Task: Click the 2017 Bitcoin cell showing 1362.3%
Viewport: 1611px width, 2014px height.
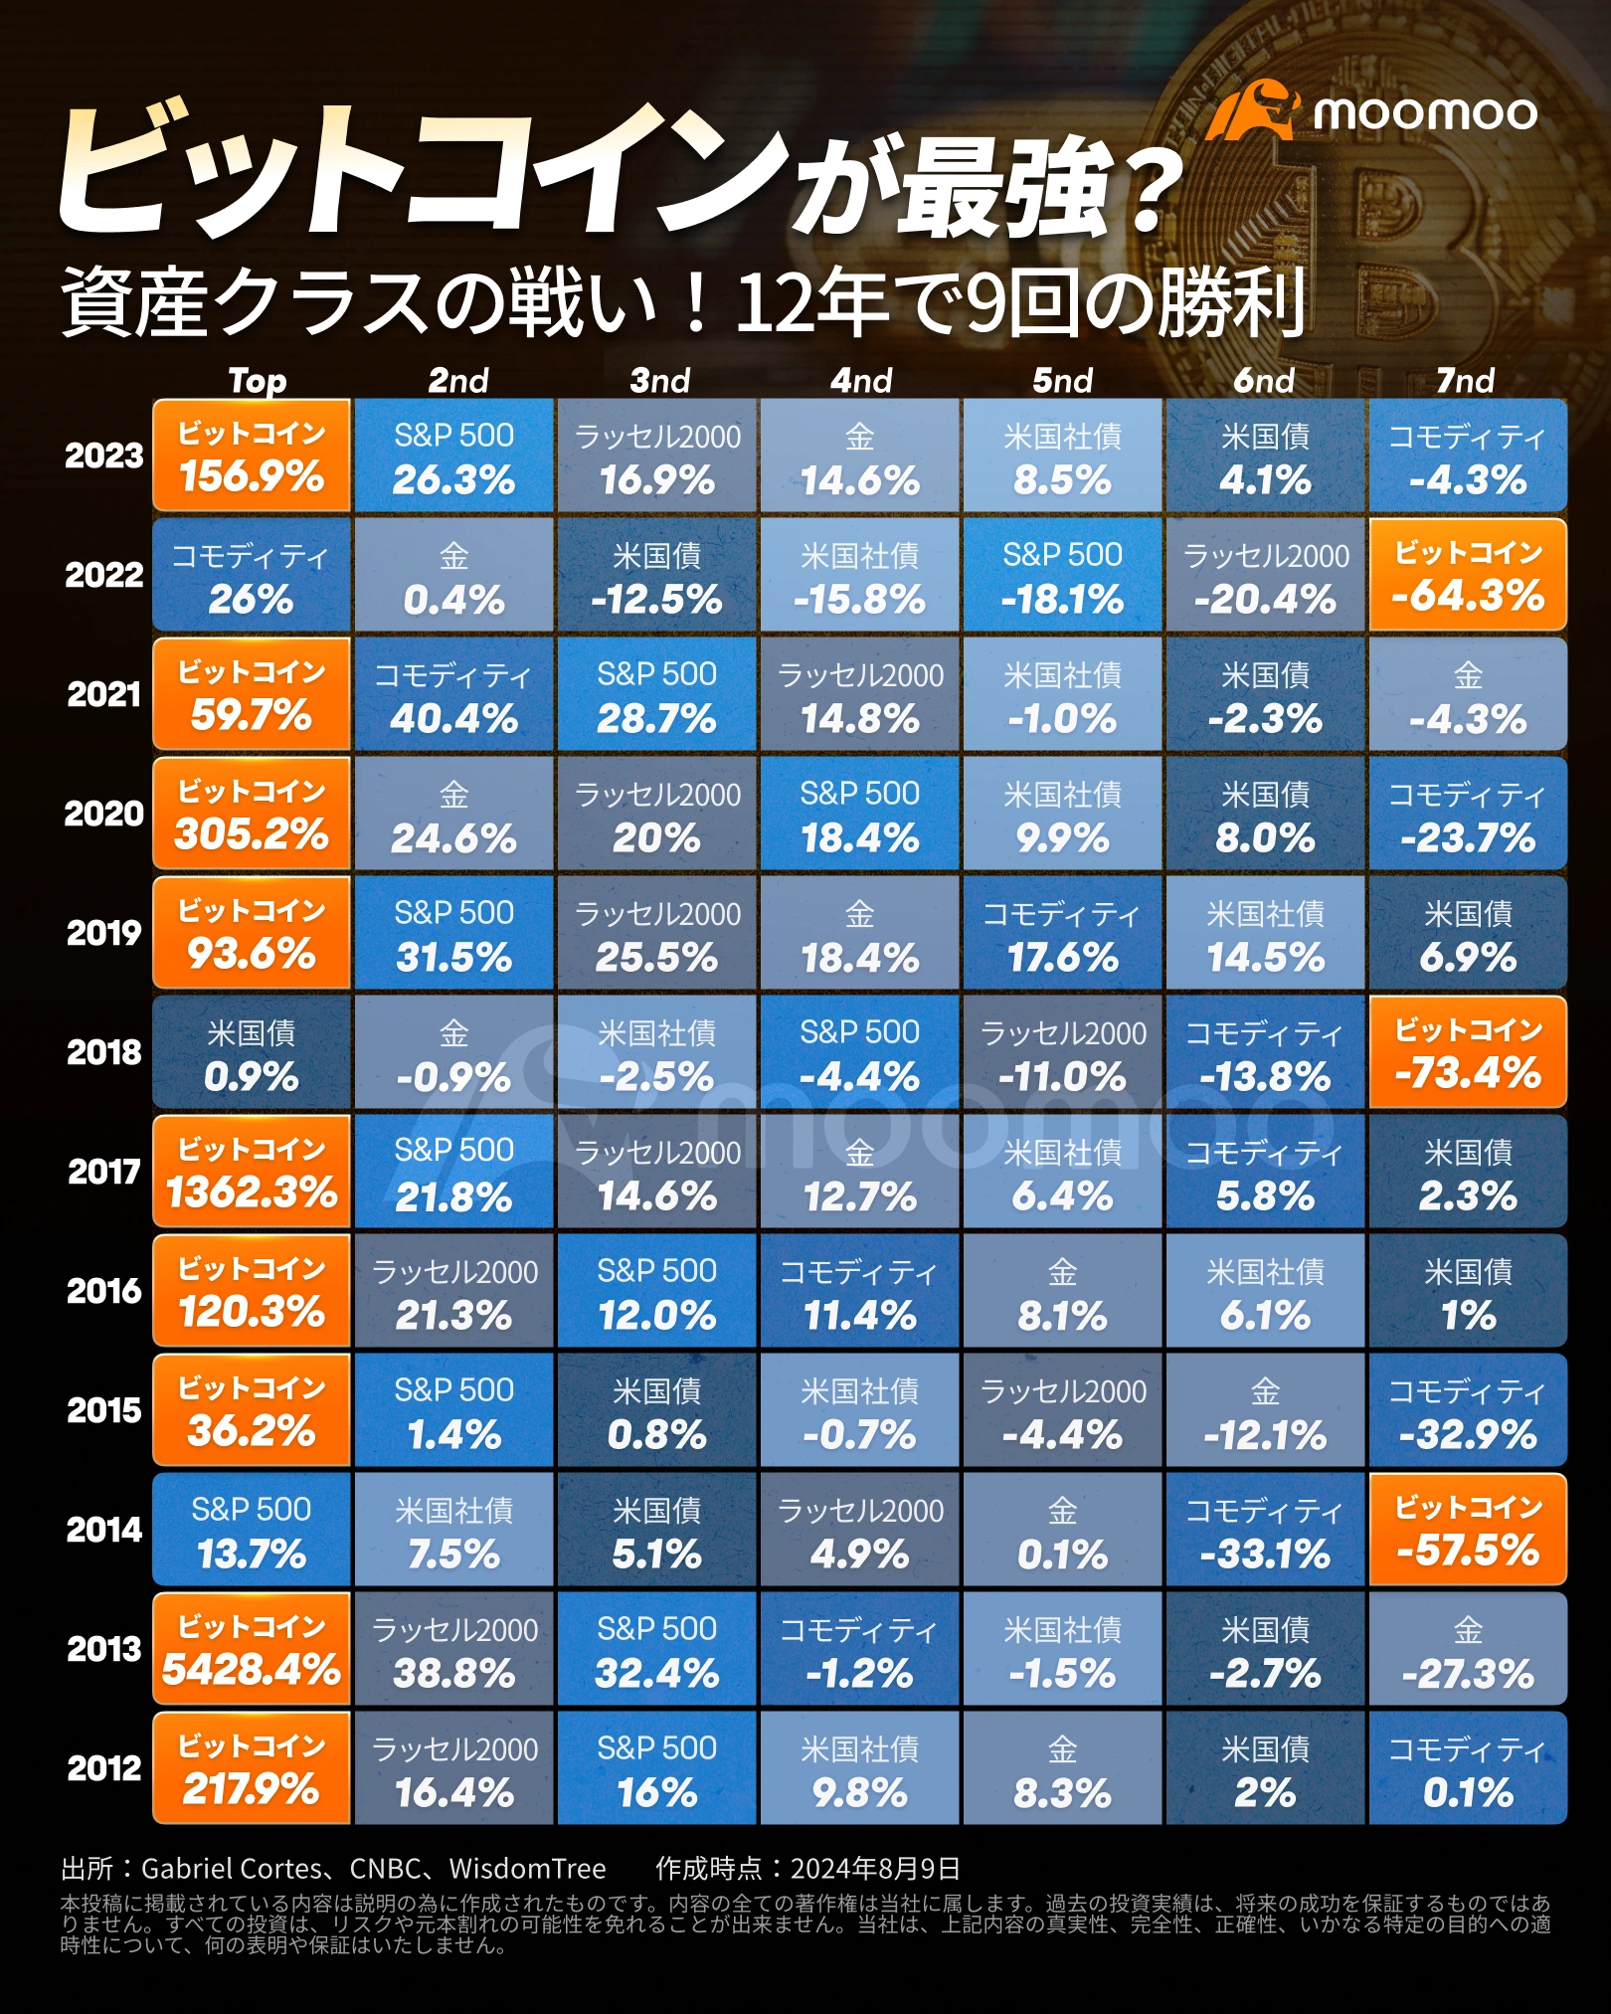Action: (x=252, y=1172)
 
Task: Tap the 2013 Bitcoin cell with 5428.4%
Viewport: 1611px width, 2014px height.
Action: (x=252, y=1649)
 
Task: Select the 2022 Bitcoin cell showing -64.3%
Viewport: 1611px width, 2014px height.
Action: (x=1468, y=575)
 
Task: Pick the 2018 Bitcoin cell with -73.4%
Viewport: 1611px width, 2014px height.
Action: (x=1468, y=1052)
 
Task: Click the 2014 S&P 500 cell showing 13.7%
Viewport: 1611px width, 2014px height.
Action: (x=252, y=1530)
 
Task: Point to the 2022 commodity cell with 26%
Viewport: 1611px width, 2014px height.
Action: (x=252, y=575)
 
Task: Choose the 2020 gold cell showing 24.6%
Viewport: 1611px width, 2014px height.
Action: (x=453, y=814)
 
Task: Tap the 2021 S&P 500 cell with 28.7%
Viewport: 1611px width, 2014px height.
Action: (x=656, y=694)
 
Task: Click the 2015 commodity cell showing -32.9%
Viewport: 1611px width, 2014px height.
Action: (x=1468, y=1410)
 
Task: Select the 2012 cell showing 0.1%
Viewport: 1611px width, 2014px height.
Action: (x=1468, y=1768)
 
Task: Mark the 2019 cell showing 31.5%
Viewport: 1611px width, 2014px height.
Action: (x=453, y=933)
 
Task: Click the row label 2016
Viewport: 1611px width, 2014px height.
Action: (x=104, y=1291)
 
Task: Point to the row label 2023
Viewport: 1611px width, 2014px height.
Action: (x=104, y=456)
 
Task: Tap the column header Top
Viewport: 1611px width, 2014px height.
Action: (x=258, y=380)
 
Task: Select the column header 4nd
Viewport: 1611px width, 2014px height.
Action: (x=861, y=380)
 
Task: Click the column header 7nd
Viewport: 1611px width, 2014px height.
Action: (x=1465, y=380)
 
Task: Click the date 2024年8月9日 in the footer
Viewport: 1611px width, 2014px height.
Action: (x=875, y=1869)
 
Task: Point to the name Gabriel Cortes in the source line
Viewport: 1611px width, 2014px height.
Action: (x=232, y=1869)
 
